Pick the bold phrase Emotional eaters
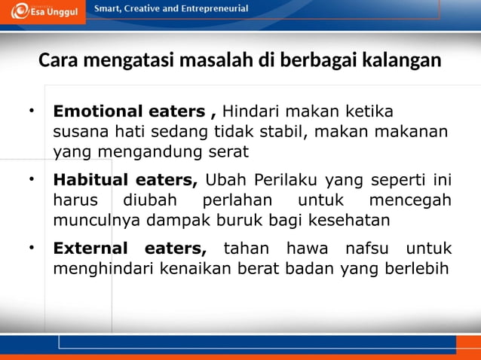(x=128, y=112)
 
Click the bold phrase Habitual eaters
(x=125, y=181)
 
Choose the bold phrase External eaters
(x=129, y=249)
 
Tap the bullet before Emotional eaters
(x=32, y=111)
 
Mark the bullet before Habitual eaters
(x=32, y=179)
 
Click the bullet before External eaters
(x=32, y=247)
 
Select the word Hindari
(x=251, y=112)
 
